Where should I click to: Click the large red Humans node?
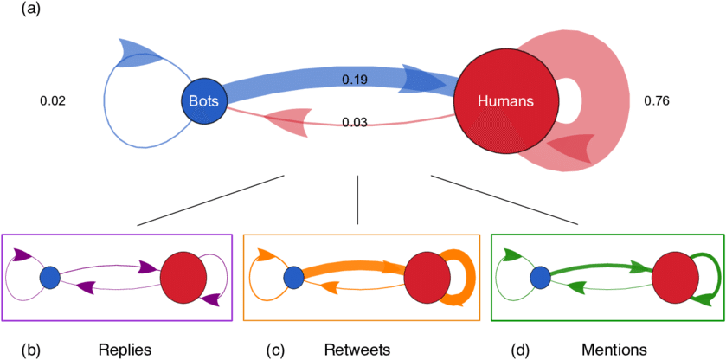pos(505,101)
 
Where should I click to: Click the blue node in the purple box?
pos(49,277)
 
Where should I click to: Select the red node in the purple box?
pos(183,278)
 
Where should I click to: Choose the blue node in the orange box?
pos(293,277)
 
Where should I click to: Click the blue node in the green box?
pos(540,277)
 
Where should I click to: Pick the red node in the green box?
pos(674,278)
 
